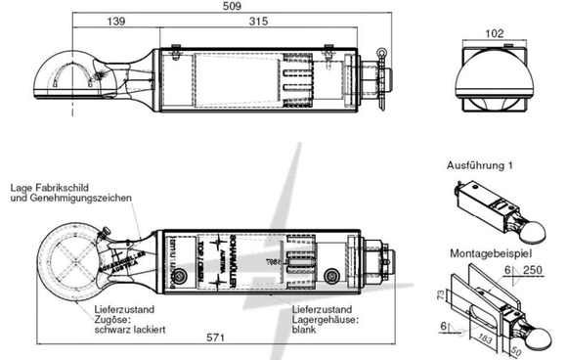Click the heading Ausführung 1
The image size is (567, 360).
click(x=479, y=166)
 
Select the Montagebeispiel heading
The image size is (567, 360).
click(x=486, y=252)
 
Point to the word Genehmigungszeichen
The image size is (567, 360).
click(x=86, y=199)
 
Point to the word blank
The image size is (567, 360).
click(x=303, y=330)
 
